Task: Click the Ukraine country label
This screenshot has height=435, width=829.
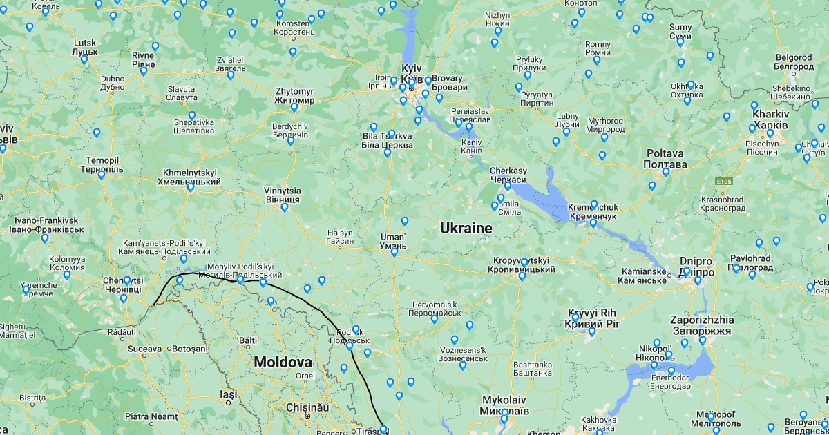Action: click(x=466, y=228)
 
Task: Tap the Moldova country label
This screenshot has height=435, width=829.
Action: click(x=282, y=362)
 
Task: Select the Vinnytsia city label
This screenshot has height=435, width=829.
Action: click(x=283, y=195)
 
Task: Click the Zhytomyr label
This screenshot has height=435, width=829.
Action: click(x=294, y=95)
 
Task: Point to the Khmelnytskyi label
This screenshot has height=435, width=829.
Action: click(x=191, y=177)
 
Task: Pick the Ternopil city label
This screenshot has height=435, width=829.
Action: click(x=103, y=164)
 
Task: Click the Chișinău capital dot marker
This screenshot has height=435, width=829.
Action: click(x=307, y=416)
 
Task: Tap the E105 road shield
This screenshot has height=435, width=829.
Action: click(x=723, y=182)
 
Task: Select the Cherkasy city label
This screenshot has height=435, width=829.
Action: click(x=508, y=175)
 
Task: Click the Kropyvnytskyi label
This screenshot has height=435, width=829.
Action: click(x=524, y=264)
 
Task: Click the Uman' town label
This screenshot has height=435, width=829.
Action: click(x=392, y=241)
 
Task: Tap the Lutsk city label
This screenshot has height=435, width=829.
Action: click(x=84, y=47)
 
